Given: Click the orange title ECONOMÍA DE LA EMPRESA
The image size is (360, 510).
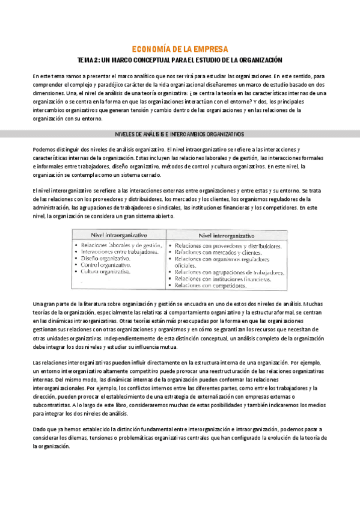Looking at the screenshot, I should pos(179,49).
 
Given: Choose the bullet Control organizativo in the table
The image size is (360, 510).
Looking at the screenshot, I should pos(106,265).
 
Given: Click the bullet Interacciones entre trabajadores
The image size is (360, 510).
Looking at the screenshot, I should pos(120,251).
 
